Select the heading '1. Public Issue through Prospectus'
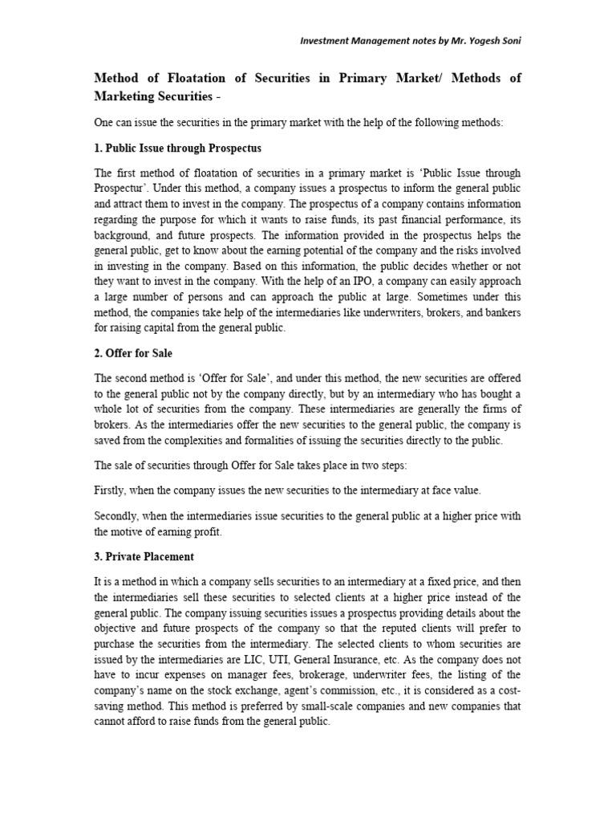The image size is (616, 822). (x=178, y=149)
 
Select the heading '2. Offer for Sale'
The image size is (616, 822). (x=133, y=354)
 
